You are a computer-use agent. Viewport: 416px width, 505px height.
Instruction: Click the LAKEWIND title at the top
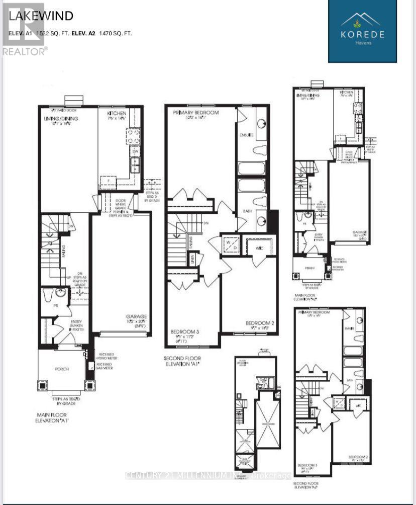(41, 16)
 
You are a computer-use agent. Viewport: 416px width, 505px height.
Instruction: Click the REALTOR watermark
(25, 50)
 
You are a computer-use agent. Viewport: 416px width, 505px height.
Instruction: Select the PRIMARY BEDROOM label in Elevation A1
(196, 113)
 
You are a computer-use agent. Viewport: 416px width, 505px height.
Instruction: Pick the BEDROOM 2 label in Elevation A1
(259, 322)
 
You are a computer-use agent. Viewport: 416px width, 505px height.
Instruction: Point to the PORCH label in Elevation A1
(62, 369)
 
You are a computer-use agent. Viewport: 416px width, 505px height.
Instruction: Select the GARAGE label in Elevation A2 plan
(359, 232)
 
